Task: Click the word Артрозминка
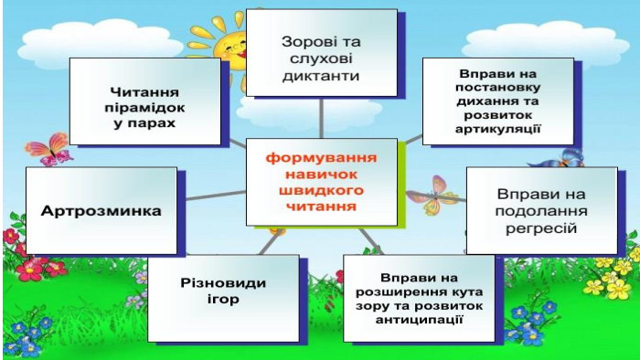pos(101,211)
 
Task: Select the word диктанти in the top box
pos(321,76)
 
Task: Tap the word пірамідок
pos(144,109)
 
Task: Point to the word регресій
pos(541,228)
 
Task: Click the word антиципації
pos(419,320)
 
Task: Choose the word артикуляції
pos(497,130)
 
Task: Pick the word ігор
pos(223,300)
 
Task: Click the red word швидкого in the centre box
pos(321,190)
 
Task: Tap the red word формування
pos(321,158)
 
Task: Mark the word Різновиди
pos(223,282)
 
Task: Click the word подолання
pos(541,211)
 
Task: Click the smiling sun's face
pos(232,49)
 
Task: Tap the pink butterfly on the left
pos(49,149)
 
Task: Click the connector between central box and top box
pos(321,118)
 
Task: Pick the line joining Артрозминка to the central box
pos(216,196)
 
